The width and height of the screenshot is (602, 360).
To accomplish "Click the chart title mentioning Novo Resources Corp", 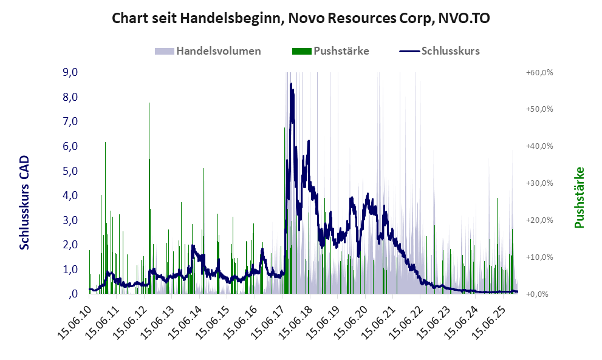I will click(x=301, y=19).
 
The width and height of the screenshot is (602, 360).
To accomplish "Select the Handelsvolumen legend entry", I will click(x=219, y=51).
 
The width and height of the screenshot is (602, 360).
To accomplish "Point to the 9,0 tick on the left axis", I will click(x=70, y=72).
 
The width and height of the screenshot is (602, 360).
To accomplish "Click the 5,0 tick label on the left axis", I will click(x=70, y=171).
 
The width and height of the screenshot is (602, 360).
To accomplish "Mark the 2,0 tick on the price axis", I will click(x=70, y=245).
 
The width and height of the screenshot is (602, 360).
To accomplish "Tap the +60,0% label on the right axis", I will click(x=539, y=72).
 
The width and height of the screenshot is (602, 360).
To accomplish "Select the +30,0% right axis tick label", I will click(x=539, y=183).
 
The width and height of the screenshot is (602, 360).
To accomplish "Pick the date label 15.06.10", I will click(x=73, y=318).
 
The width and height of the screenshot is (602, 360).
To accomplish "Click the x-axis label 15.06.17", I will click(x=266, y=318).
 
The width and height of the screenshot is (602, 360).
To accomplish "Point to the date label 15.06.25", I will click(x=487, y=318).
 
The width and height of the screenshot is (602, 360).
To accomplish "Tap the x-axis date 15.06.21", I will click(x=377, y=318).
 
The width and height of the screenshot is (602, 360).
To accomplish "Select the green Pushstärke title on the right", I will click(x=579, y=197).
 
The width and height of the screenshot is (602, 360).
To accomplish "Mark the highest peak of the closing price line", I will click(x=292, y=84).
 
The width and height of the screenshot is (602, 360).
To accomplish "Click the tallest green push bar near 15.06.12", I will click(x=149, y=104).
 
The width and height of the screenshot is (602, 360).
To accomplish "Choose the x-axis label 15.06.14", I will click(x=183, y=318).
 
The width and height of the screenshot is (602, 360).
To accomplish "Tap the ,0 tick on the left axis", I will click(x=74, y=294).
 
